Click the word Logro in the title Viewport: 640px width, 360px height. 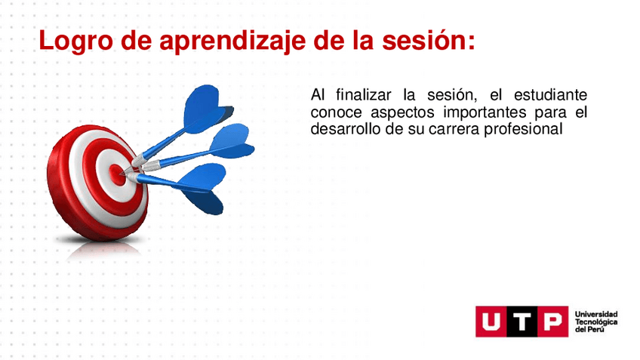coord(76,42)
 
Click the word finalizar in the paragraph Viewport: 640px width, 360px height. coord(364,94)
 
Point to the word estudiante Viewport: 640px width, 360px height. coord(550,94)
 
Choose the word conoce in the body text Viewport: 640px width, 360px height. coord(336,112)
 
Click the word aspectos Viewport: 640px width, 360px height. coord(402,112)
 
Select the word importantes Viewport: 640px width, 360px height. coord(485,112)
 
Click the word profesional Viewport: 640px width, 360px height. coord(523,129)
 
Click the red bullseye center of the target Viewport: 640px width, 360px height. coord(117,174)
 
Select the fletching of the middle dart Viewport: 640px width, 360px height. coord(232,141)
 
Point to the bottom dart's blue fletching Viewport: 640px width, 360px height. coord(202,188)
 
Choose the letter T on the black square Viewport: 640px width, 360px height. coord(522,322)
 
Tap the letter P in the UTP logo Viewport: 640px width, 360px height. coord(552,322)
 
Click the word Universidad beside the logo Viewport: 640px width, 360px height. coord(596,314)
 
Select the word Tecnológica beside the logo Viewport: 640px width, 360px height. coord(596,322)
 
